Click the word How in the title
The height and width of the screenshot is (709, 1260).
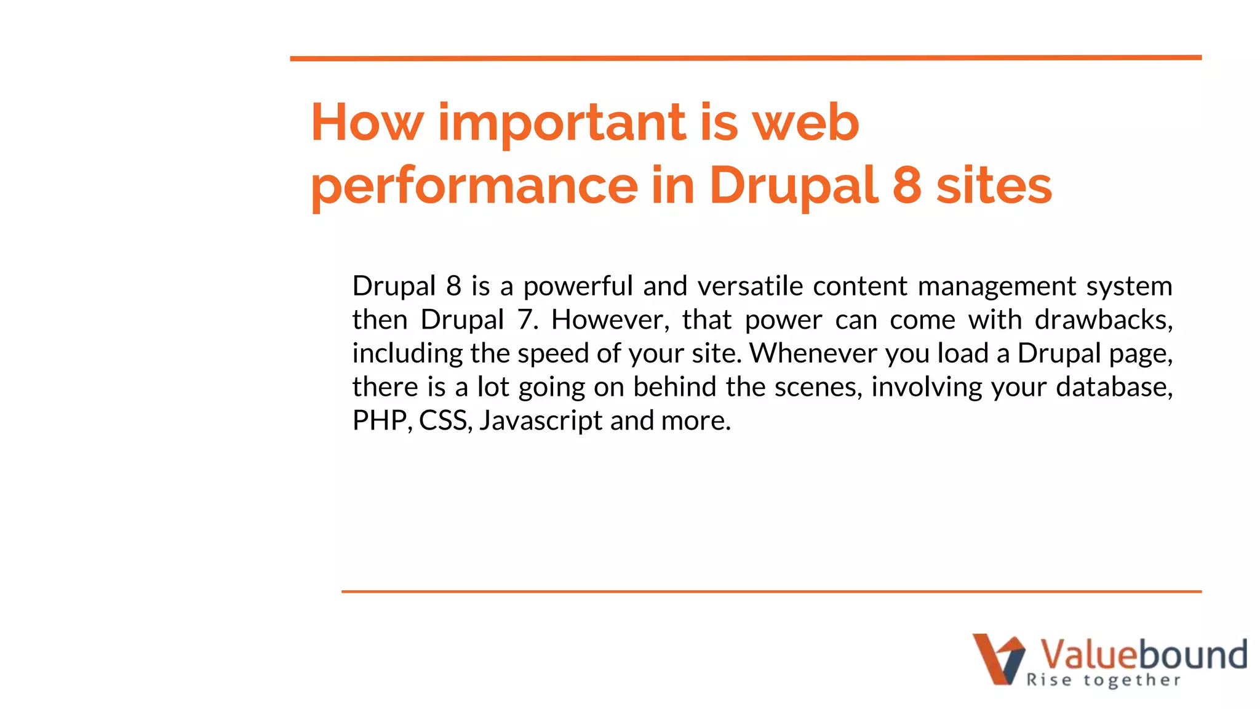[x=367, y=122]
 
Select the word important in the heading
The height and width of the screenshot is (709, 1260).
[x=561, y=122]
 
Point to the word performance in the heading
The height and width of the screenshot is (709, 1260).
[x=474, y=186]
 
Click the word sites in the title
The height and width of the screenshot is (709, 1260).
[x=994, y=186]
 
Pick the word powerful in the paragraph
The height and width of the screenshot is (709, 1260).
[x=578, y=286]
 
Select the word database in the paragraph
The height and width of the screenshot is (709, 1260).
[x=1114, y=387]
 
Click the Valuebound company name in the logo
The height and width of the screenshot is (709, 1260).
[x=1143, y=654]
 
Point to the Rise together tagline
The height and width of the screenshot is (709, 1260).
[x=1104, y=680]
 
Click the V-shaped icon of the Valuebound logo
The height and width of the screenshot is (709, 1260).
[x=999, y=659]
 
